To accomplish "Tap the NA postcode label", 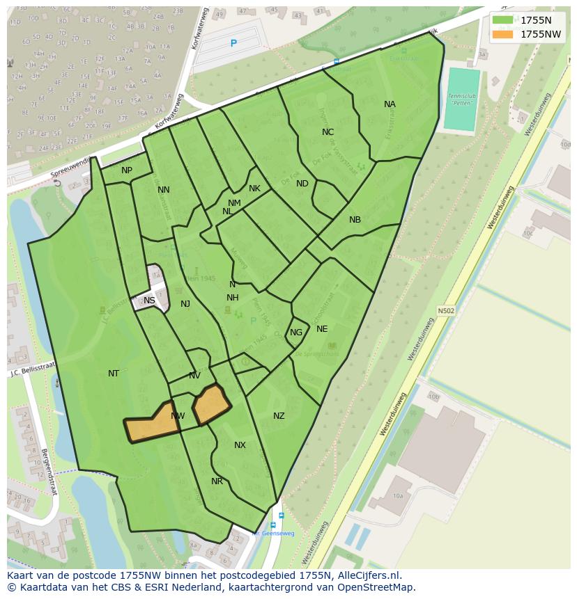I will point(390,104).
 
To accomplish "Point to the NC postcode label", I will point(328,132).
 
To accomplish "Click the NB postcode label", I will point(355,220).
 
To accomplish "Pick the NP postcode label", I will point(127,170).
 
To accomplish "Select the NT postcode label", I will point(114,374).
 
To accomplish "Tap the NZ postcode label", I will point(279,416).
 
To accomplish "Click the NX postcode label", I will point(240,445).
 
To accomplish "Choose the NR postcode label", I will point(217,481).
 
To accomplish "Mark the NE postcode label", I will point(322,329).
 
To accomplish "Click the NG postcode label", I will point(296,333).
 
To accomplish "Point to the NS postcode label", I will point(149,301).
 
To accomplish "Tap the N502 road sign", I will point(446,311).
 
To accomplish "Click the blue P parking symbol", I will point(233,43).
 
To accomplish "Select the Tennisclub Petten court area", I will point(462,99).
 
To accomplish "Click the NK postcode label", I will point(254,189).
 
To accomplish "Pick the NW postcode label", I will point(178,416).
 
